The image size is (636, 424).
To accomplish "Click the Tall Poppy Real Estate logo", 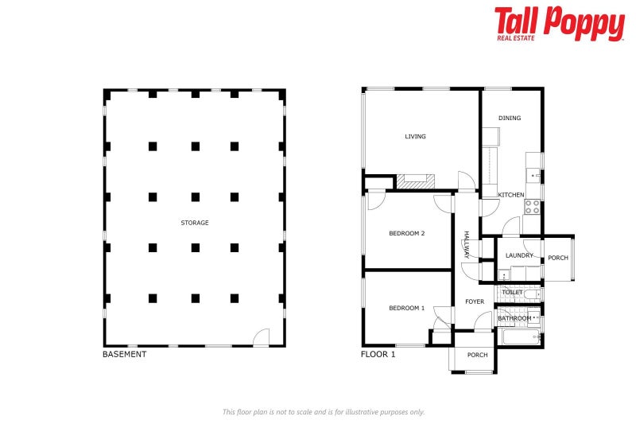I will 559,23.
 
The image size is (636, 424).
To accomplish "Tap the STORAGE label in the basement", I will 195,224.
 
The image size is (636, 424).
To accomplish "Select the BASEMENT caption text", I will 125,355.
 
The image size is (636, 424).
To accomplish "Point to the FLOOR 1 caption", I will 378,355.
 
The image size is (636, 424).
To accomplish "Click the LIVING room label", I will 415,137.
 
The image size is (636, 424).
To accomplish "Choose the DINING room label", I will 510,119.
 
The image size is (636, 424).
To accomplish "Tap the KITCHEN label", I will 511,195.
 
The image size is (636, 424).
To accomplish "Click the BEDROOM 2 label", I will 406,234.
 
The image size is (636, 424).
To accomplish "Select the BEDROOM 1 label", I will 406,308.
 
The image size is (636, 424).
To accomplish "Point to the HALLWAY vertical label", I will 467,244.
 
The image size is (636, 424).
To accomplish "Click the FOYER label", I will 475,301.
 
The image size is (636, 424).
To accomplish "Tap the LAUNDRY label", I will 519,255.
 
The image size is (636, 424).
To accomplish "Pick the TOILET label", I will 513,292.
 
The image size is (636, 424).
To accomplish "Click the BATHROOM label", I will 514,318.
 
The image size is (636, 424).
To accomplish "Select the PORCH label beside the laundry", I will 558,258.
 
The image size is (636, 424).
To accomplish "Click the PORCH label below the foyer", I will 477,355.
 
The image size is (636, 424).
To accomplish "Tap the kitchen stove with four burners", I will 532,207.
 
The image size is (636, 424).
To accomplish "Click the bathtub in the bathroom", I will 521,336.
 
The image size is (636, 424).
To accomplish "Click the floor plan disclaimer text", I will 323,412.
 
